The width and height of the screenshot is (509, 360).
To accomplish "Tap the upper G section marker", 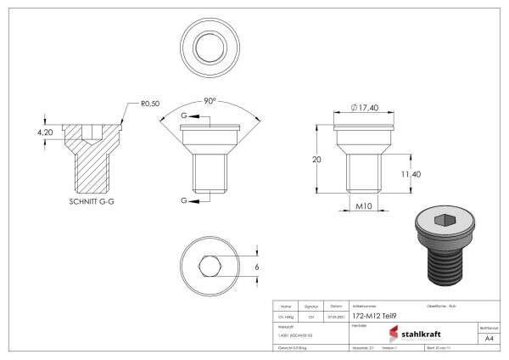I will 185,114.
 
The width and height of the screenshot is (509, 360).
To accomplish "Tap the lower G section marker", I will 185,200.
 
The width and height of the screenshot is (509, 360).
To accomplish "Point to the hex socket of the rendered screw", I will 443,221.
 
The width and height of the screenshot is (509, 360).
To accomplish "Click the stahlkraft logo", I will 422,334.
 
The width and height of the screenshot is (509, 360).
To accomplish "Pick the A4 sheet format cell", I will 488,338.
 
